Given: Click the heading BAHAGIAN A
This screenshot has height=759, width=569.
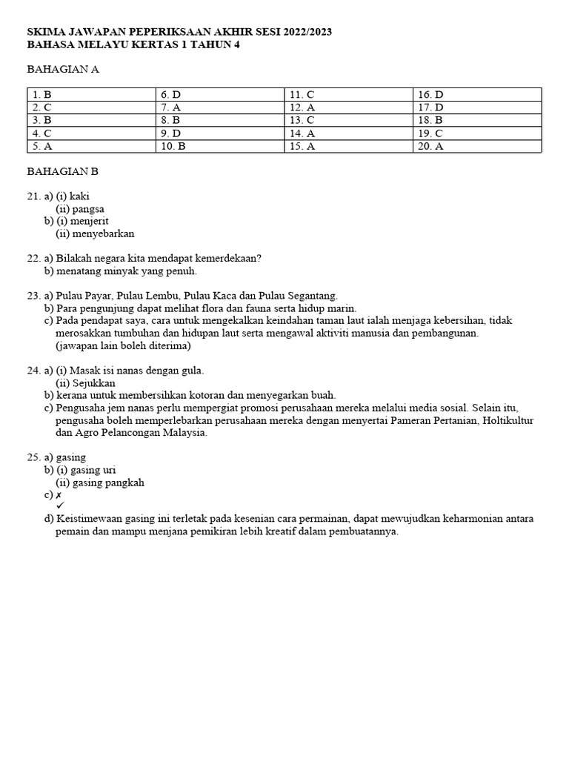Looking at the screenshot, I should click(63, 70).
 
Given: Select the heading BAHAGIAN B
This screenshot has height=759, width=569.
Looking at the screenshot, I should click(63, 171).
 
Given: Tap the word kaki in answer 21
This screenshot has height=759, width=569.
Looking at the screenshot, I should click(79, 196).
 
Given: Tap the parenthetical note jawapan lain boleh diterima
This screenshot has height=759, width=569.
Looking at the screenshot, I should click(123, 345).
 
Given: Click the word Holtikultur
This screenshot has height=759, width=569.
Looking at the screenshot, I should click(508, 420).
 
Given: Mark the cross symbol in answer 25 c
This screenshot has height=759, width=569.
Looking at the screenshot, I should click(59, 495).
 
